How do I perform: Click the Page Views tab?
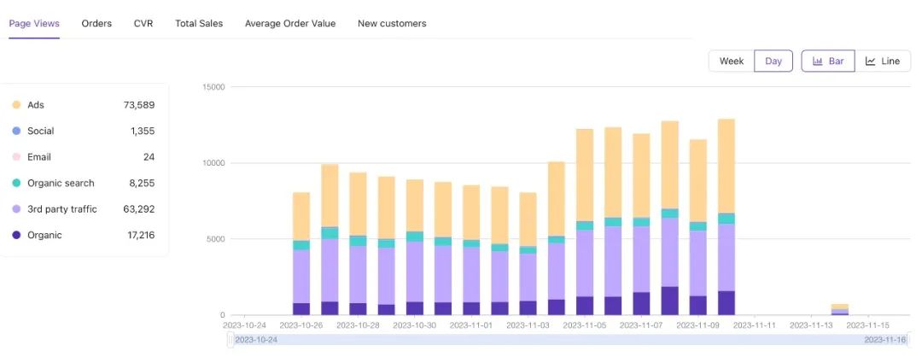pos(34,23)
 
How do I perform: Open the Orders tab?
pos(96,23)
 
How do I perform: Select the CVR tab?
pos(143,23)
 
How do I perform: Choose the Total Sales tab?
pos(199,23)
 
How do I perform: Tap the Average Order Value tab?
pos(290,23)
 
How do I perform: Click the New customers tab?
pos(392,23)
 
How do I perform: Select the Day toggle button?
pos(773,61)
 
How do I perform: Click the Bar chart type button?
pos(828,61)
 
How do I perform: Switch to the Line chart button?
pos(883,61)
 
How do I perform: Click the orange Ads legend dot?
pos(16,105)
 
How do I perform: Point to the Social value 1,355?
pos(143,131)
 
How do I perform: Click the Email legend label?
pos(39,157)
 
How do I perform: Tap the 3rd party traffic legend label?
pos(62,209)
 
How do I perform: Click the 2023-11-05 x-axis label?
pos(585,325)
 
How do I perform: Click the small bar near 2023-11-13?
pos(840,309)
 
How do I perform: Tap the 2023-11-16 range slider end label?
pos(884,340)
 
